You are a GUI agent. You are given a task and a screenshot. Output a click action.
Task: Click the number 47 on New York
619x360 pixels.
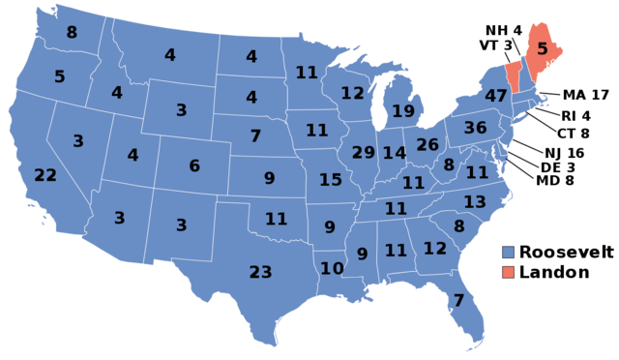coord(496,96)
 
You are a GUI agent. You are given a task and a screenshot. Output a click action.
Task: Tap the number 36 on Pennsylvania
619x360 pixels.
coord(475,128)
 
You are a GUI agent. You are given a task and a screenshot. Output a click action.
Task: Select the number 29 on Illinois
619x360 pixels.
coord(363,153)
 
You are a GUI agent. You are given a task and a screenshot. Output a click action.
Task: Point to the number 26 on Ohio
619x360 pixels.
coord(427,145)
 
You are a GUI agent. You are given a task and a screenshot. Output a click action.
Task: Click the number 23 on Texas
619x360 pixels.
coord(260,273)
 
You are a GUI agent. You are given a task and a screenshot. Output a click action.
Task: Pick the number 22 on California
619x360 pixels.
coord(45,175)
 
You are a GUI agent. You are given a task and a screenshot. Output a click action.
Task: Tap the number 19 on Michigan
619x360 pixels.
coord(403,111)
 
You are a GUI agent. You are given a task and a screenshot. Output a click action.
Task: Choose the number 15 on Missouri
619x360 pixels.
coord(331,180)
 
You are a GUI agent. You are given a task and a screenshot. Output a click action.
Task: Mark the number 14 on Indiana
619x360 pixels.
coord(394,153)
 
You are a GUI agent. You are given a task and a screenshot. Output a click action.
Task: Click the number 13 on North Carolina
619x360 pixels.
coord(474,202)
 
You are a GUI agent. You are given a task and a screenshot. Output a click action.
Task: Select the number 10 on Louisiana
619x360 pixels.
coord(332,268)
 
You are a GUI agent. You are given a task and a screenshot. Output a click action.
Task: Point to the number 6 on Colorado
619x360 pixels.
coord(194,166)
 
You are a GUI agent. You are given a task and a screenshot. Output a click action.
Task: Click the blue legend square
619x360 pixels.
coord(509,252)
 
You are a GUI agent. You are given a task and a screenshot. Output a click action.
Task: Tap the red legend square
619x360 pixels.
coord(509,272)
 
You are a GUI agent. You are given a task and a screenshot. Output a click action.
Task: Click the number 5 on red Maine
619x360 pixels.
coord(543,47)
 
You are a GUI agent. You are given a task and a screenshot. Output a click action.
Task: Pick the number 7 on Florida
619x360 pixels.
coord(458,300)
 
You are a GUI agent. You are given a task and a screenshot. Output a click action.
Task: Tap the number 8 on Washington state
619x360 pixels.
coord(72,33)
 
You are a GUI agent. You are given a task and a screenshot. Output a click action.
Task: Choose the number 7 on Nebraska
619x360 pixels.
coord(255,136)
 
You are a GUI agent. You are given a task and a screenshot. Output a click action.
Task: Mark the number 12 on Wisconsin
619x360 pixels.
coord(352,94)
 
